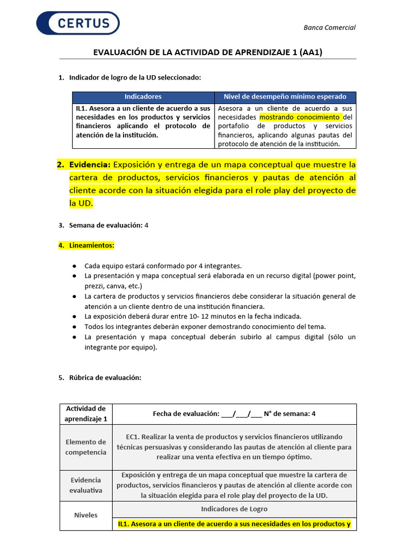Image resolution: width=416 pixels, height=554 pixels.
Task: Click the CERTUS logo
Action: pyautogui.click(x=77, y=23)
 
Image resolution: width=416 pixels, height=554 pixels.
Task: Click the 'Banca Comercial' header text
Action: pyautogui.click(x=329, y=28)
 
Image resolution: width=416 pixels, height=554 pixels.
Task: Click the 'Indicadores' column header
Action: pyautogui.click(x=143, y=97)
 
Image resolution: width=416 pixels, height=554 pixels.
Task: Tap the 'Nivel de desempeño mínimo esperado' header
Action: pyautogui.click(x=285, y=97)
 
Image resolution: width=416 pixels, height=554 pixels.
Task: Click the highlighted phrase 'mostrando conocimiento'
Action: pyautogui.click(x=300, y=117)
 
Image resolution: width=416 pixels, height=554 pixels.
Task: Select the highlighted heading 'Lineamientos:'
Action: pyautogui.click(x=92, y=246)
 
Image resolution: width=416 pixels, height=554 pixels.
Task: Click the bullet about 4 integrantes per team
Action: pyautogui.click(x=163, y=266)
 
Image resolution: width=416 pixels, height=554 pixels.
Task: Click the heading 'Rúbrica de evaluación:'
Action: pyautogui.click(x=105, y=378)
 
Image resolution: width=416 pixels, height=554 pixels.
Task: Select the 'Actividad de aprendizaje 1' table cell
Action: pyautogui.click(x=86, y=414)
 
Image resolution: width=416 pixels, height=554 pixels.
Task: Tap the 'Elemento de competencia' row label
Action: pyautogui.click(x=86, y=447)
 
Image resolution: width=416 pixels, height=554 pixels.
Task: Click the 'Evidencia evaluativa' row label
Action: pyautogui.click(x=86, y=485)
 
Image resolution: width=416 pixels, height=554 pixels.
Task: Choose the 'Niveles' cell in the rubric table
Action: pyautogui.click(x=86, y=515)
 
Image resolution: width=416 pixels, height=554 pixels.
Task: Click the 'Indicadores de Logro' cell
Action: pyautogui.click(x=234, y=509)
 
